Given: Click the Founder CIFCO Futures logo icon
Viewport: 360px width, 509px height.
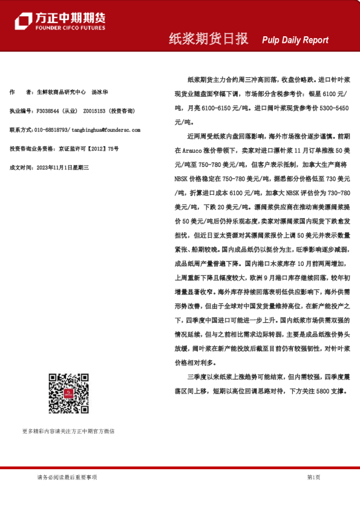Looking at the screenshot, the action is pyautogui.click(x=24, y=21).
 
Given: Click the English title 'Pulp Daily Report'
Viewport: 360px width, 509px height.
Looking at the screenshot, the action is pyautogui.click(x=295, y=40).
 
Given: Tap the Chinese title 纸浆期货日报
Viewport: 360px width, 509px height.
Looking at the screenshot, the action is pyautogui.click(x=208, y=39).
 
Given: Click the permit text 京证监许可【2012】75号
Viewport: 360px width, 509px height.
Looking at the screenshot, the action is pyautogui.click(x=88, y=149).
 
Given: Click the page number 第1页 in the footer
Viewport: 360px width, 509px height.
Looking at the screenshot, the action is pyautogui.click(x=313, y=478).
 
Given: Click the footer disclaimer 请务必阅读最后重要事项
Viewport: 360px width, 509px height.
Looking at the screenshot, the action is pyautogui.click(x=67, y=478).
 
